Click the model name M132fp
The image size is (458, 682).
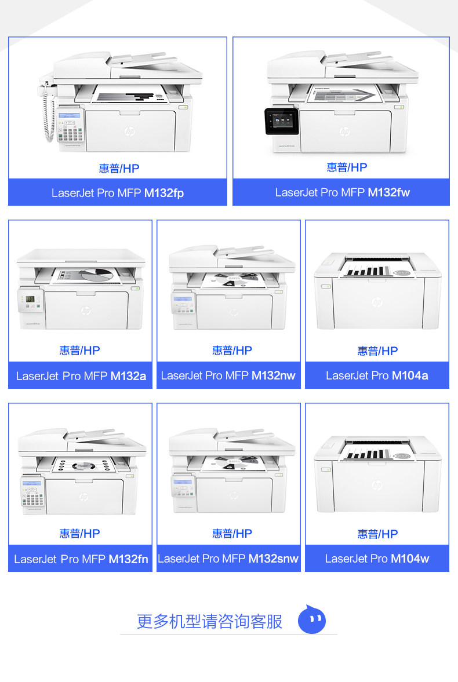pos(164,193)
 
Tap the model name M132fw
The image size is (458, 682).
pos(388,192)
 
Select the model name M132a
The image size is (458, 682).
pos(128,376)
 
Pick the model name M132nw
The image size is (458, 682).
pos(273,375)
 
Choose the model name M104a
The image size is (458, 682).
pos(410,375)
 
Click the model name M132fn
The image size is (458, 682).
pos(128,559)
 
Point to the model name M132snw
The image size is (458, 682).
pos(273,559)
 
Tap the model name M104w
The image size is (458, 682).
pos(410,559)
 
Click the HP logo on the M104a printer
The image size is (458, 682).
pos(377,302)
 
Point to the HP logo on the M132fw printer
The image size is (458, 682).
pos(344,132)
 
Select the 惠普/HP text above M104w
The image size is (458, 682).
pos(377,534)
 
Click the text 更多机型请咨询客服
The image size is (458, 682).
pos(209,621)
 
